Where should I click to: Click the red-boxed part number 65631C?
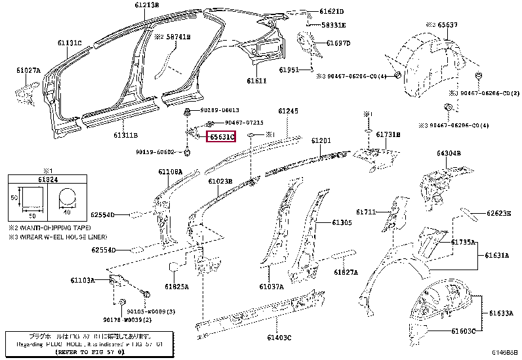pyautogui.click(x=221, y=136)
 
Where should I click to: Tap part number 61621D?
pyautogui.click(x=332, y=12)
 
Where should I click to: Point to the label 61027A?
pyautogui.click(x=28, y=70)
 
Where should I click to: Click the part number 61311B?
pyautogui.click(x=125, y=134)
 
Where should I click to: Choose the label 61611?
pyautogui.click(x=256, y=81)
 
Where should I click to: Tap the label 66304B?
pyautogui.click(x=449, y=153)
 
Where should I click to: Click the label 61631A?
pyautogui.click(x=498, y=255)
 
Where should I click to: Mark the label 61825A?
pyautogui.click(x=176, y=287)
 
